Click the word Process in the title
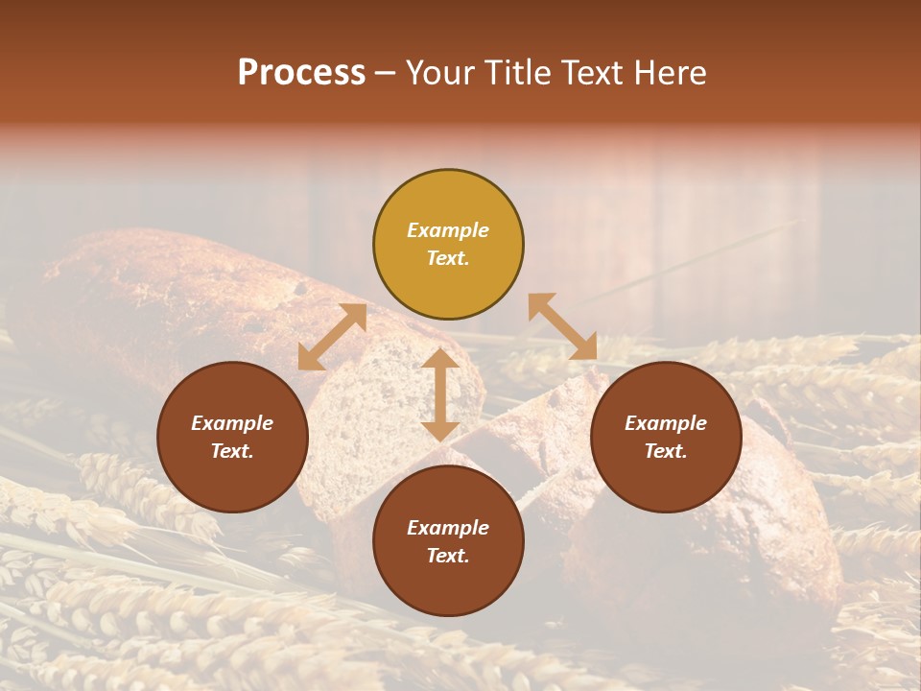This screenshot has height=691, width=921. (301, 73)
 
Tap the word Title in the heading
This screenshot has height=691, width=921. (518, 73)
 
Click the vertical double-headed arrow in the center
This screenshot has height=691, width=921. (440, 394)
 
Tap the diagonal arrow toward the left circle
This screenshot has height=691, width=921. (332, 337)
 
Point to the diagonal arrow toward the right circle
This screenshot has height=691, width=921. (562, 327)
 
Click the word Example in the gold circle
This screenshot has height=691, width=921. (448, 230)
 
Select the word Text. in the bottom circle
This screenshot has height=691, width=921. (448, 556)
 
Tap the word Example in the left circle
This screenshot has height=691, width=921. (232, 423)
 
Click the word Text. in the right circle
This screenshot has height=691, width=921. (666, 451)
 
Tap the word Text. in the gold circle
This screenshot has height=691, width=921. (448, 258)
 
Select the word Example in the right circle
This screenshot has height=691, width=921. (666, 423)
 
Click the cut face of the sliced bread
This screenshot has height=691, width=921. (374, 413)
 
